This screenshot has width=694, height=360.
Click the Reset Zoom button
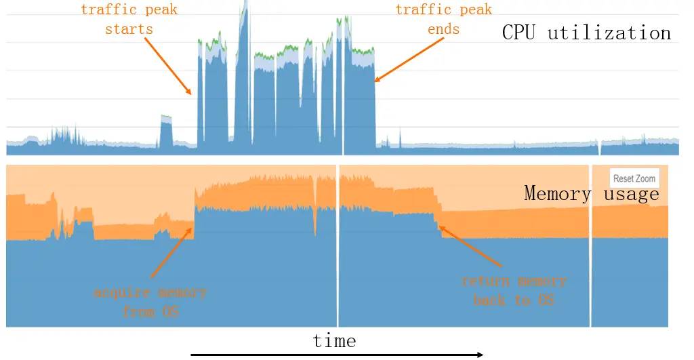pyautogui.click(x=634, y=178)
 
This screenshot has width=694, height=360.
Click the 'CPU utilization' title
pyautogui.click(x=586, y=33)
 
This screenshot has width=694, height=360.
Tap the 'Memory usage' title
pyautogui.click(x=592, y=194)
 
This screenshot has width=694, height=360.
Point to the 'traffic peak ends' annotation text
pyautogui.click(x=444, y=20)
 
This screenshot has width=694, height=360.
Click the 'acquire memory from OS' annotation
pyautogui.click(x=150, y=302)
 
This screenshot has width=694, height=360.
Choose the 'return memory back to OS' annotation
pyautogui.click(x=514, y=290)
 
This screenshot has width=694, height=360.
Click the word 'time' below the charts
pyautogui.click(x=334, y=340)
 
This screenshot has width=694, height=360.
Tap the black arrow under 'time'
pyautogui.click(x=336, y=354)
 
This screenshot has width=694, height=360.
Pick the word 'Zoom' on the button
pyautogui.click(x=645, y=178)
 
